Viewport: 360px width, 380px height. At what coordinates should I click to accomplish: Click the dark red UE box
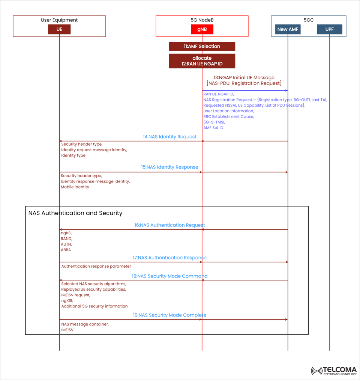[59, 29]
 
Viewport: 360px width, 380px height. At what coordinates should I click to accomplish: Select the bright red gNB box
[202, 29]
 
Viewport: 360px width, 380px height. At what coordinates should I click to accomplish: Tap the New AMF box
[288, 29]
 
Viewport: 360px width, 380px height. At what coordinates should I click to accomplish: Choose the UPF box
[329, 29]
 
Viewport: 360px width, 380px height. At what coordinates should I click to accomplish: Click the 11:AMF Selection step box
[202, 46]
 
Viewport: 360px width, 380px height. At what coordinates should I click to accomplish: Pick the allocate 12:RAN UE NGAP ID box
[202, 61]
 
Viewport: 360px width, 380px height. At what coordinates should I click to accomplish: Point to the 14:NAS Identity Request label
[169, 137]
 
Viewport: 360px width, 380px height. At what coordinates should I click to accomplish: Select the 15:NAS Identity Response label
[169, 167]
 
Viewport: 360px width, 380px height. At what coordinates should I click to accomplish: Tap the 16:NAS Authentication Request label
[169, 225]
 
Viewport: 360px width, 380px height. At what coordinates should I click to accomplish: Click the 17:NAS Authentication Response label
[169, 258]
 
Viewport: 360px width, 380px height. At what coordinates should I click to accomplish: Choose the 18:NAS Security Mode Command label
[169, 276]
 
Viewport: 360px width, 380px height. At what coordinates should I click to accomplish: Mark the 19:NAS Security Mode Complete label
[169, 315]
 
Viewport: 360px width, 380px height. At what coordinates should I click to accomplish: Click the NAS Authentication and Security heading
[75, 213]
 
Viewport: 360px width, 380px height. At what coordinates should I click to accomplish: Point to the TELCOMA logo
[333, 371]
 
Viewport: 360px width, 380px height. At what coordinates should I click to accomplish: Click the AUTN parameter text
[66, 244]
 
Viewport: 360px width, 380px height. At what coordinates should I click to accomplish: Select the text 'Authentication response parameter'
[96, 266]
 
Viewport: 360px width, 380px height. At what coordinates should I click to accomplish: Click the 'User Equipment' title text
[59, 20]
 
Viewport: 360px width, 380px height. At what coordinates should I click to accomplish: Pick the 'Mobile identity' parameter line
[75, 187]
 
